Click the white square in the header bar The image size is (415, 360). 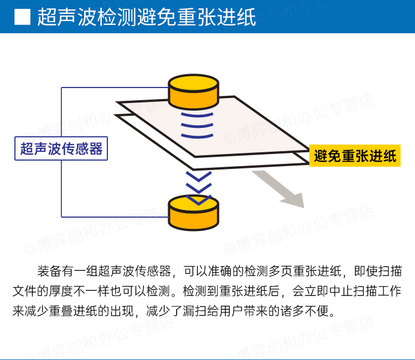(22, 17)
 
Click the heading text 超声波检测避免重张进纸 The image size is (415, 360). (147, 17)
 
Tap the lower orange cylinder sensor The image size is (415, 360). (194, 214)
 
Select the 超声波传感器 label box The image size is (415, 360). (61, 148)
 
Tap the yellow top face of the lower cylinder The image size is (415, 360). (194, 203)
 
